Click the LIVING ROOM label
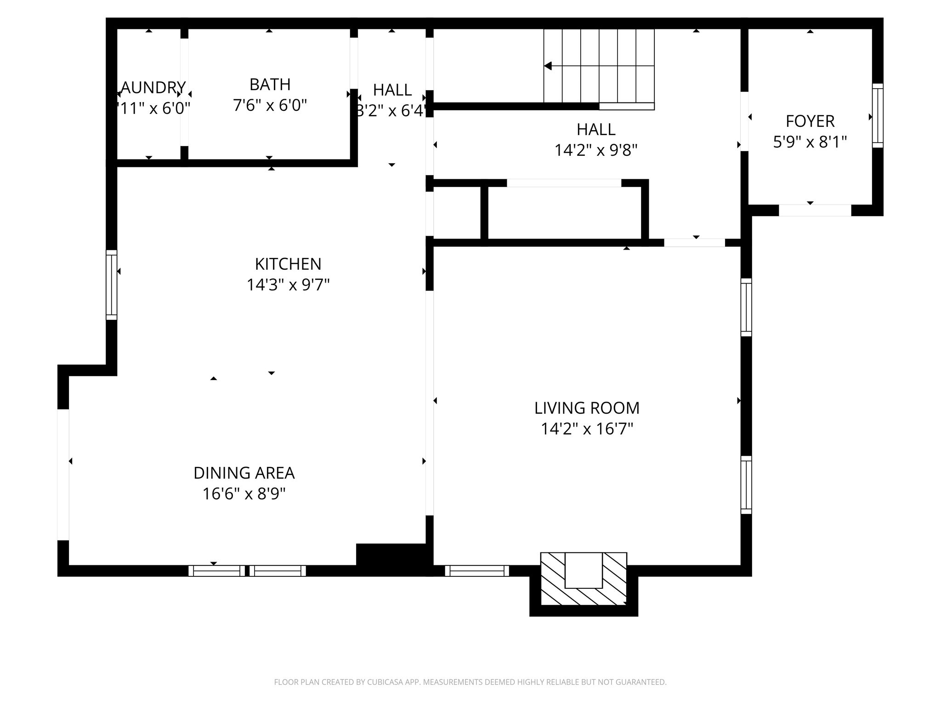click(x=587, y=408)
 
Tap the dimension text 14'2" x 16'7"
click(x=587, y=429)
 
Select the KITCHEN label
click(x=288, y=264)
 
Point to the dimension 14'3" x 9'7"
click(x=288, y=285)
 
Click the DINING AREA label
click(x=244, y=473)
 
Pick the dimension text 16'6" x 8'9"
click(x=244, y=494)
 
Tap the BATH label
click(x=270, y=85)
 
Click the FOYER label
click(x=810, y=121)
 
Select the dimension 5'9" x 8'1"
click(x=810, y=142)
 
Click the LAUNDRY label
click(x=153, y=87)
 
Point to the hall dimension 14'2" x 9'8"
click(x=596, y=150)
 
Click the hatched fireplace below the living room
click(x=584, y=579)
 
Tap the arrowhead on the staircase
click(x=548, y=66)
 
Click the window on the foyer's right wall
click(x=878, y=115)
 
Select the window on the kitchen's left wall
click(x=111, y=285)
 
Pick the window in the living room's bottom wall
click(x=477, y=571)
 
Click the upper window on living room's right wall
click(x=746, y=307)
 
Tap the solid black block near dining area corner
click(x=393, y=558)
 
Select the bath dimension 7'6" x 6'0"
click(x=270, y=106)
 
